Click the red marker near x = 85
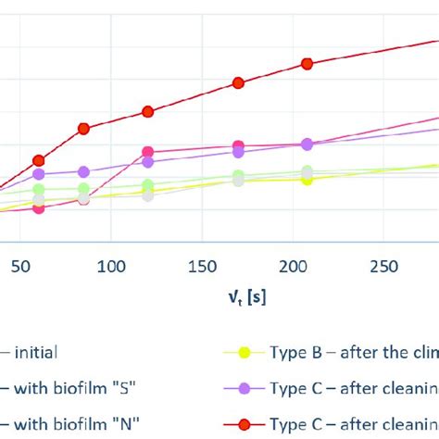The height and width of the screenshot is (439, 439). pyautogui.click(x=83, y=129)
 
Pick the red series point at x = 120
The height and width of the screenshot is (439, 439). pyautogui.click(x=147, y=111)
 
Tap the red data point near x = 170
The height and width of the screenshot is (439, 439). pyautogui.click(x=238, y=83)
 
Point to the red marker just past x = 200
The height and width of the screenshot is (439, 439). pyautogui.click(x=307, y=63)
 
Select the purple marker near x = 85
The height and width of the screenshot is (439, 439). pyautogui.click(x=83, y=171)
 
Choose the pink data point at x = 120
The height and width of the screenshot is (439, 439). pyautogui.click(x=147, y=152)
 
